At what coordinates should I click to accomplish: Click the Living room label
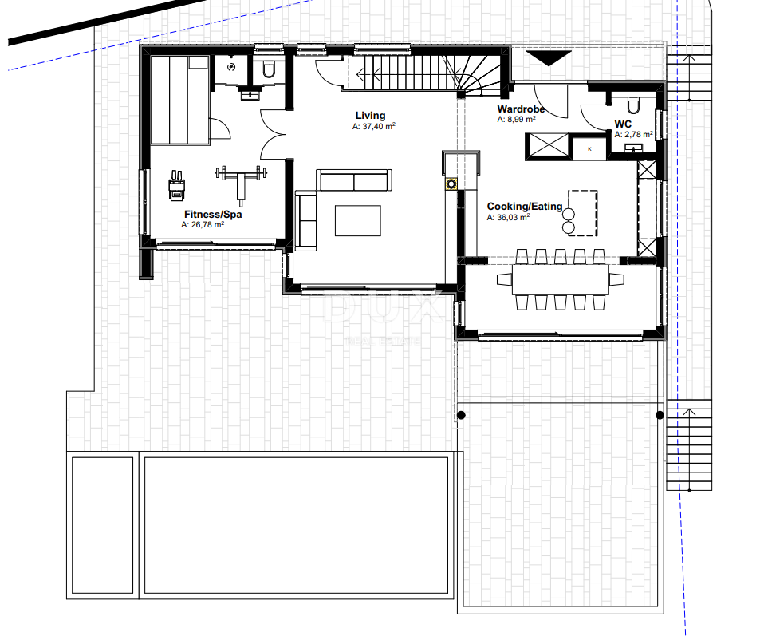click(370, 116)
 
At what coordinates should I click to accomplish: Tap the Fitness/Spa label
click(213, 214)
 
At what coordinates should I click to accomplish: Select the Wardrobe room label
click(521, 109)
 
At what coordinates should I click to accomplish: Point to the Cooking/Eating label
click(524, 207)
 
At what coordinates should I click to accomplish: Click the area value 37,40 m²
click(375, 127)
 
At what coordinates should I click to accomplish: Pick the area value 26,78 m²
click(203, 225)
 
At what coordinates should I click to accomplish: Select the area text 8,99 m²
click(516, 120)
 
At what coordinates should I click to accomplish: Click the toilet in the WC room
click(633, 105)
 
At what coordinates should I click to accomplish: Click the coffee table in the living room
click(357, 220)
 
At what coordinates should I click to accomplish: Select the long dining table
click(560, 278)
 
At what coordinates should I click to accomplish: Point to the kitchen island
click(582, 213)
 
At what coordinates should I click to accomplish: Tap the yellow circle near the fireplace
click(451, 184)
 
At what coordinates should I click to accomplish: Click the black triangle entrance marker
click(551, 58)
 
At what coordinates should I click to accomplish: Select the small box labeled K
click(590, 148)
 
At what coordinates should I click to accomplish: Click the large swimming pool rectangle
click(295, 526)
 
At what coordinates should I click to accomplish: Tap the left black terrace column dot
click(460, 415)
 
